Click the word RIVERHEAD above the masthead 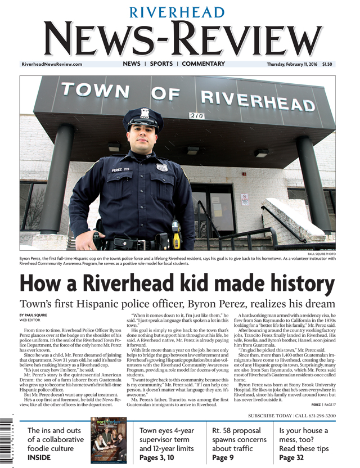[178, 12]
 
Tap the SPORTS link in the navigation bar [161, 64]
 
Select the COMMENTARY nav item [203, 64]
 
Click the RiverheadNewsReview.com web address [52, 65]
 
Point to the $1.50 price [327, 65]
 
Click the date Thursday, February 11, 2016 [292, 65]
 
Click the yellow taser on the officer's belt [176, 238]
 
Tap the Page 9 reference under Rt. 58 [224, 458]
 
